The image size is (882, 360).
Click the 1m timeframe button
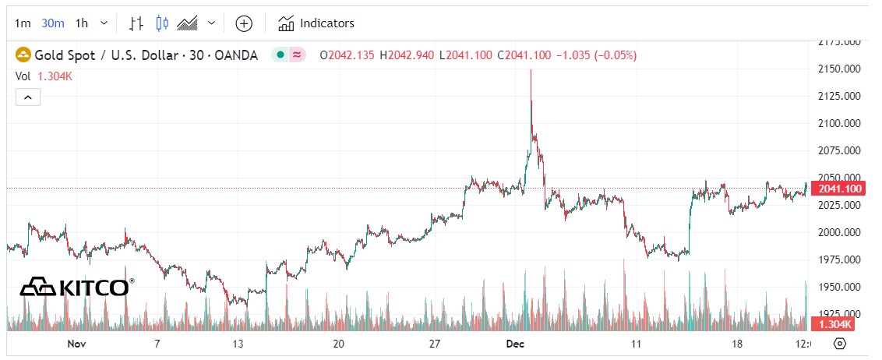click(x=23, y=23)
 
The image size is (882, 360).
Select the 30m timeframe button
click(x=52, y=23)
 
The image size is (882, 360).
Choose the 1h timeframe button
click(x=82, y=23)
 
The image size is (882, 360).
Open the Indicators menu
click(x=316, y=23)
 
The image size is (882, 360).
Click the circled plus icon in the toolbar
click(x=244, y=23)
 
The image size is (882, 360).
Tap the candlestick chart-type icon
click(x=162, y=23)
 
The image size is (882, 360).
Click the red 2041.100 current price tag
click(x=837, y=189)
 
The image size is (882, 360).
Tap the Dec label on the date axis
click(x=516, y=344)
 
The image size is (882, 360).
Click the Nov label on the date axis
click(x=76, y=344)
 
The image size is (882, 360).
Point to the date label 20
click(x=338, y=344)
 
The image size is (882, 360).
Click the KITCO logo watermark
click(x=76, y=287)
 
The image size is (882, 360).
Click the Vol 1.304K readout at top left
click(x=44, y=76)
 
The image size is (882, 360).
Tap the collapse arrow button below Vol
click(x=27, y=97)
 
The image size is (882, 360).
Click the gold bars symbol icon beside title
click(x=25, y=55)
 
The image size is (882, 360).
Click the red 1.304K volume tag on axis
click(x=831, y=324)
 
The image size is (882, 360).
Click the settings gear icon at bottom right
click(x=840, y=344)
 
